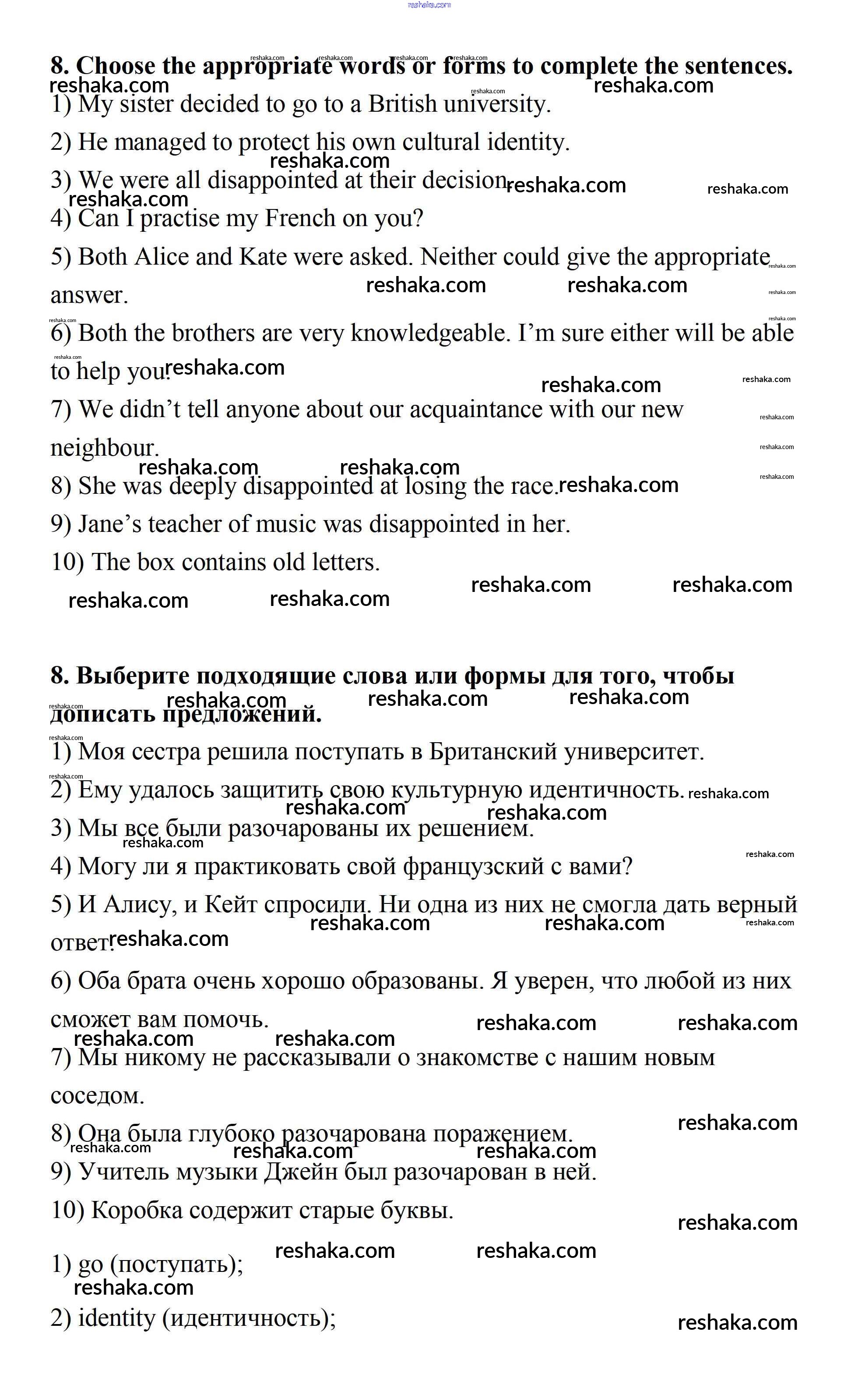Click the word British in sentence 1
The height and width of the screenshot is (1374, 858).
(402, 104)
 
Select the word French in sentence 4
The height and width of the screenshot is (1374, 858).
(300, 219)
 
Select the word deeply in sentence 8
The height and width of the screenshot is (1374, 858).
(202, 486)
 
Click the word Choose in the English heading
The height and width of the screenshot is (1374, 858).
(115, 66)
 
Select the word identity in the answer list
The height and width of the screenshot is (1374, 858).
(116, 1318)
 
